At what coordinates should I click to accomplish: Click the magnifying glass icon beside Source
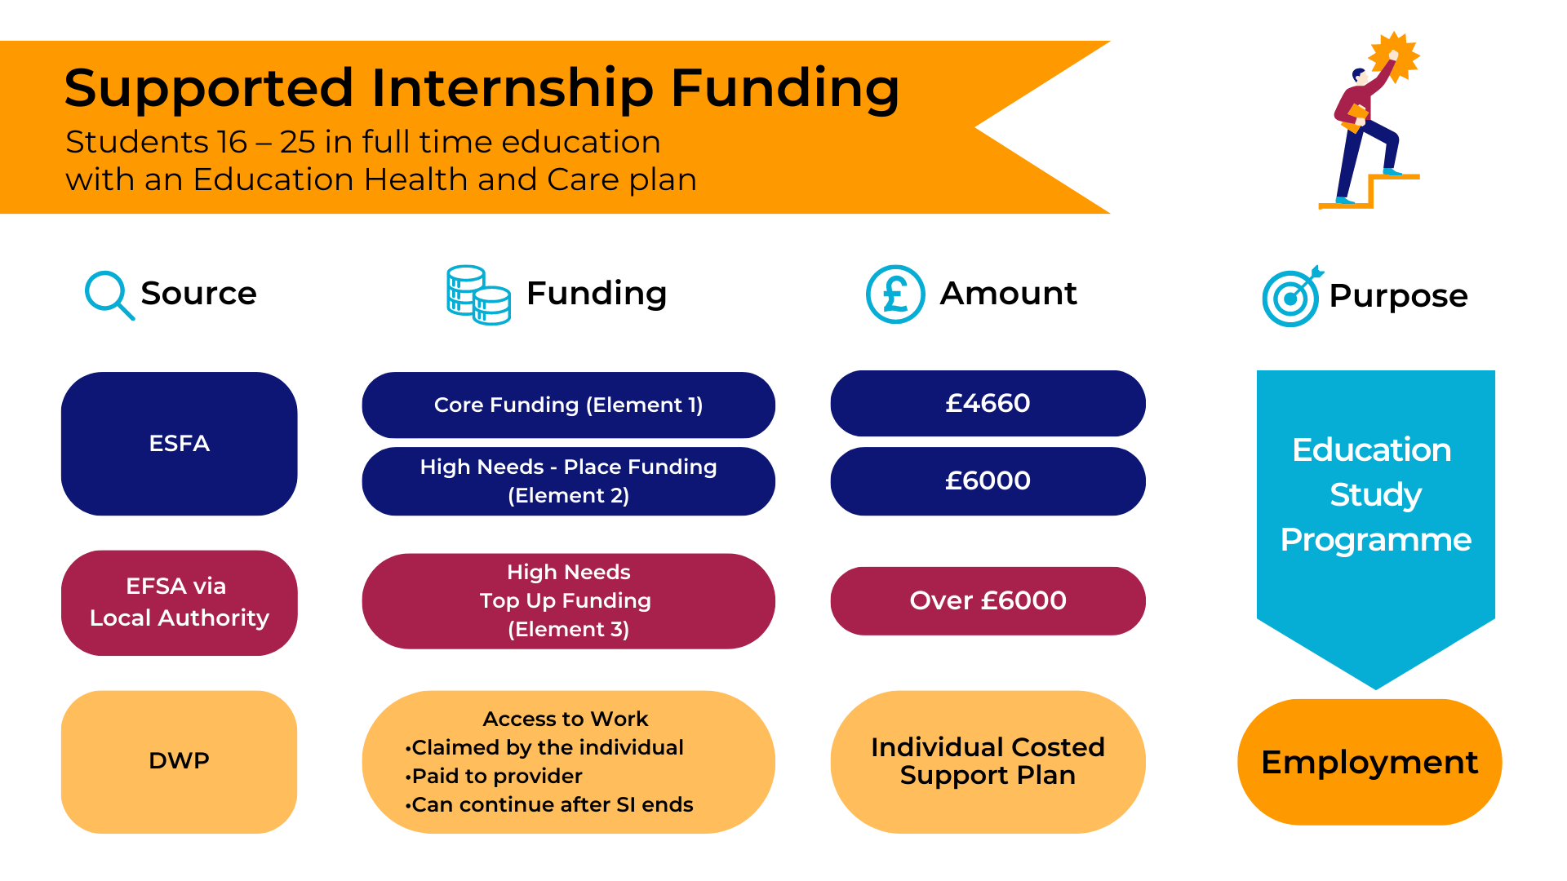pos(109,294)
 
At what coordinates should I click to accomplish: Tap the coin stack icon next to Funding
pos(479,294)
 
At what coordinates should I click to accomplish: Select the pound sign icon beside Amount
pos(895,294)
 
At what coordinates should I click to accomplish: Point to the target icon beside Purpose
pos(1292,296)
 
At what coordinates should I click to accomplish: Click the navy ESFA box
pos(180,444)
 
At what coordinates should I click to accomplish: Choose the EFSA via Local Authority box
pos(180,603)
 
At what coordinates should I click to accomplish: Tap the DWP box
pos(180,762)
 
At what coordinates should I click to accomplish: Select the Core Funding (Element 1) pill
pos(569,405)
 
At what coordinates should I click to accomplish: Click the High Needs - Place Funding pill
pos(569,481)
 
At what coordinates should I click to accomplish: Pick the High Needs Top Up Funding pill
pos(569,601)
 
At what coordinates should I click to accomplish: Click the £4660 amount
pos(988,403)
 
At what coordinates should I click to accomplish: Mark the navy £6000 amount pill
pos(988,481)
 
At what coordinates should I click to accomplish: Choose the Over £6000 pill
pos(988,601)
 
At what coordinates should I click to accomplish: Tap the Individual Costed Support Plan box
pos(988,762)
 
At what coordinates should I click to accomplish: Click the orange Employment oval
pos(1369,762)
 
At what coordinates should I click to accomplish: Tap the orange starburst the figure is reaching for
pos(1394,57)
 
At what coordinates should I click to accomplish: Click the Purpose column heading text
pos(1398,297)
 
